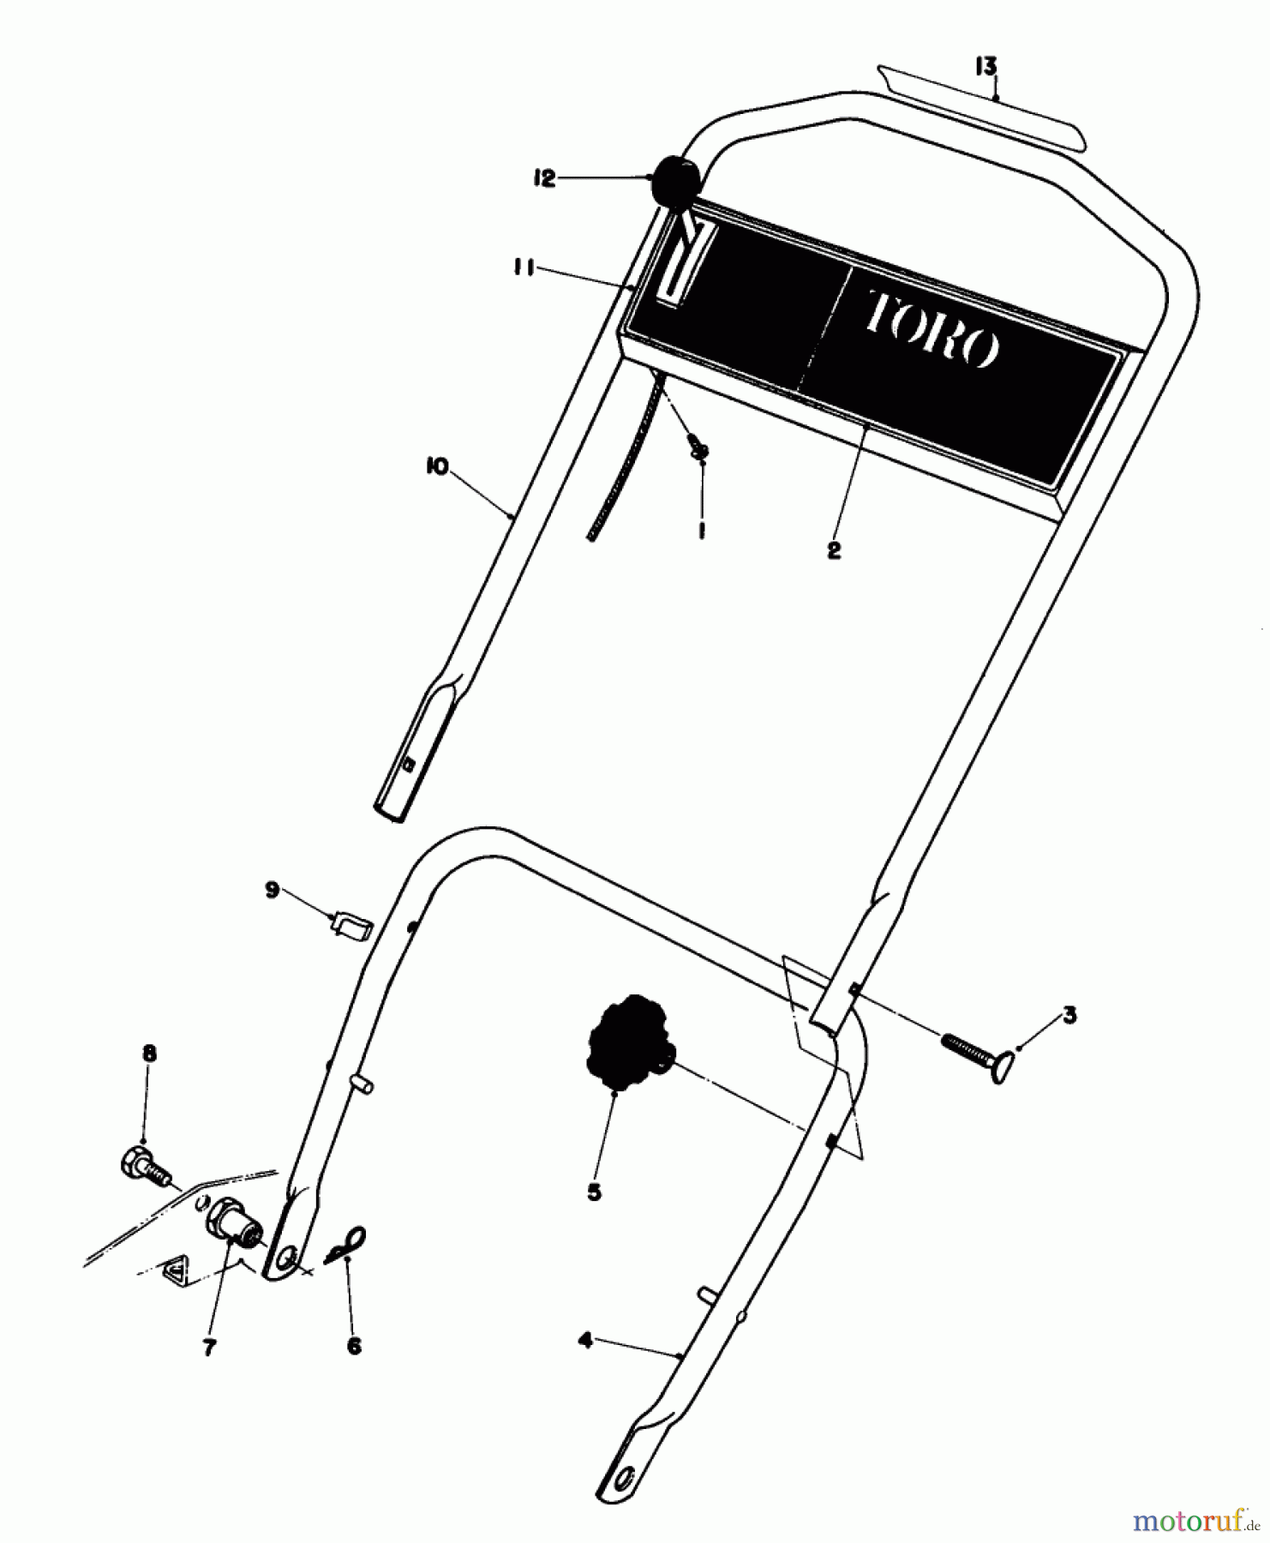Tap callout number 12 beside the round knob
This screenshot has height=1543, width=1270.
[544, 179]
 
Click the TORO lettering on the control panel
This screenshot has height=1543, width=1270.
[932, 327]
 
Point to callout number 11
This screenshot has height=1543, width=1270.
[524, 270]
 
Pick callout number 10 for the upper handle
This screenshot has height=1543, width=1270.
[436, 468]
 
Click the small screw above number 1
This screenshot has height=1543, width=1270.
[698, 448]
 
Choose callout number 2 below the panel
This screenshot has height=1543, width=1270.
[834, 550]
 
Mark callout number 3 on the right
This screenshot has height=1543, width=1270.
[1069, 1016]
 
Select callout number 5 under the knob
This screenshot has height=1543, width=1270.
[595, 1192]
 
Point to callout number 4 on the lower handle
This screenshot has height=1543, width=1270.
[585, 1341]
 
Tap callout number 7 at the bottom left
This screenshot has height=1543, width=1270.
[209, 1348]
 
